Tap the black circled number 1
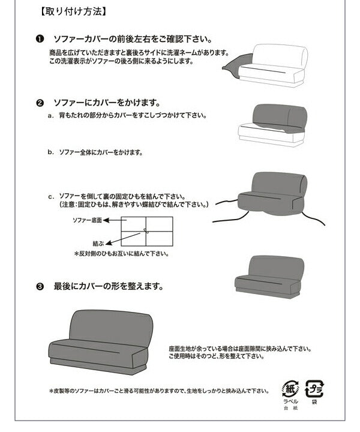point(40,39)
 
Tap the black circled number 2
point(40,103)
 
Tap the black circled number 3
point(40,286)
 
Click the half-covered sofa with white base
point(273,124)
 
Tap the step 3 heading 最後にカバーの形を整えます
point(108,286)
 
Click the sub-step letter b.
point(51,152)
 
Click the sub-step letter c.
point(51,196)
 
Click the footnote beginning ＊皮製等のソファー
point(159,391)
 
